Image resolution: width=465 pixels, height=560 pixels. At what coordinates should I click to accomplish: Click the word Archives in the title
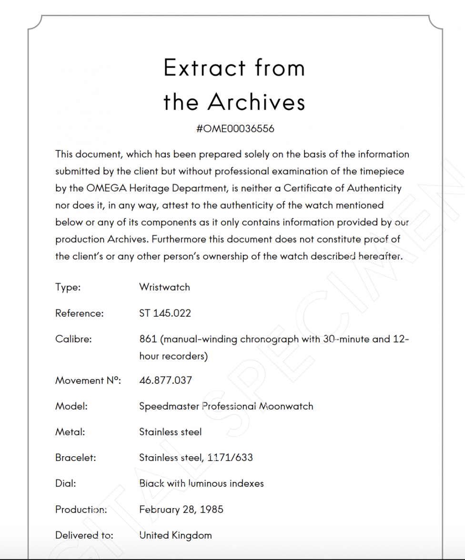coord(256,101)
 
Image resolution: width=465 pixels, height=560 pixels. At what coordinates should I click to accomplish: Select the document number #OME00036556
coord(235,129)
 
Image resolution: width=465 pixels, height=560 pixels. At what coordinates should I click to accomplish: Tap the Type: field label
coord(68,287)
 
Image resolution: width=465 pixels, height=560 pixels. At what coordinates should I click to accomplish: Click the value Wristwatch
coord(164,287)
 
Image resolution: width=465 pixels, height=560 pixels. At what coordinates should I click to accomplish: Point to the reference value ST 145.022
coord(165,313)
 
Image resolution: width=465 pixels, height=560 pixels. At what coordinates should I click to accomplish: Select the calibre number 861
coord(147,339)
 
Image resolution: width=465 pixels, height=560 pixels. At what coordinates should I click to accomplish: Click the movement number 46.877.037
coord(166,380)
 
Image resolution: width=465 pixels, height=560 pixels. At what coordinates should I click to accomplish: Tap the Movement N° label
coord(88,380)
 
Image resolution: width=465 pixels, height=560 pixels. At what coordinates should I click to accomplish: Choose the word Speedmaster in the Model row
coord(169,406)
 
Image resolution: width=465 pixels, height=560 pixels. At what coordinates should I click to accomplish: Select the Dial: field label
coord(66,483)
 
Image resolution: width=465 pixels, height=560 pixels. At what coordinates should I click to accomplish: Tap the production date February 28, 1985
coord(181,510)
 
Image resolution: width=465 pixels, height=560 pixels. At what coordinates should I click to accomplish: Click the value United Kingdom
coord(175,535)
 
